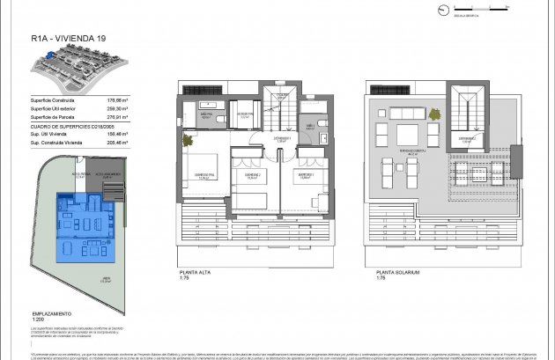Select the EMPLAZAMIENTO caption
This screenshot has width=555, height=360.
tap(52, 313)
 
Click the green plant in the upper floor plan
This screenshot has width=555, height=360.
tap(186, 140)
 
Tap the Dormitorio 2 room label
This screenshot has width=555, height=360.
tap(252, 176)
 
